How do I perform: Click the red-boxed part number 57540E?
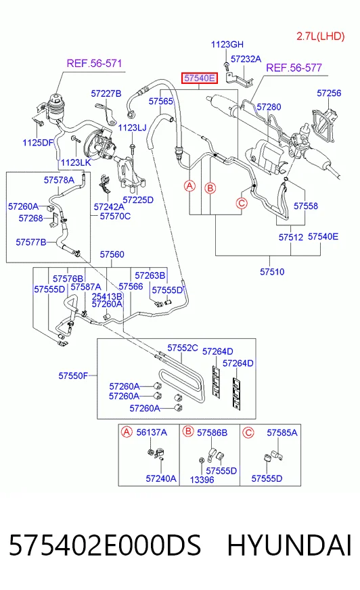coord(200,78)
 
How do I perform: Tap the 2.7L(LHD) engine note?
coord(321,36)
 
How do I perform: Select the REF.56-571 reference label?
coord(95,63)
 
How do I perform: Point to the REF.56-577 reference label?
coord(294,68)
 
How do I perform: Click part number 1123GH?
coord(227,45)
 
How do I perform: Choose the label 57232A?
coord(246,59)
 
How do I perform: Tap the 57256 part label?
coord(329,93)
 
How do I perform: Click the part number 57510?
coord(272,271)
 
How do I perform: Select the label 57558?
coord(306,206)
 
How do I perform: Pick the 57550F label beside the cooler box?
coord(73,376)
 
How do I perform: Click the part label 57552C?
coord(183,348)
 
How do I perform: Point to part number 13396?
coord(202,480)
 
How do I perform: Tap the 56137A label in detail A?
coord(152,432)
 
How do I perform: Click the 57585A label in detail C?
coord(282,433)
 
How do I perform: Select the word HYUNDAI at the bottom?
coord(290,545)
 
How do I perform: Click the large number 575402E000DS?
coord(105,545)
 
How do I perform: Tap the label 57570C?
coord(115,216)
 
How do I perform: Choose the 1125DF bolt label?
coord(38,143)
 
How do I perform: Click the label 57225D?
coord(138,200)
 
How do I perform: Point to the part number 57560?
coord(112,254)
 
